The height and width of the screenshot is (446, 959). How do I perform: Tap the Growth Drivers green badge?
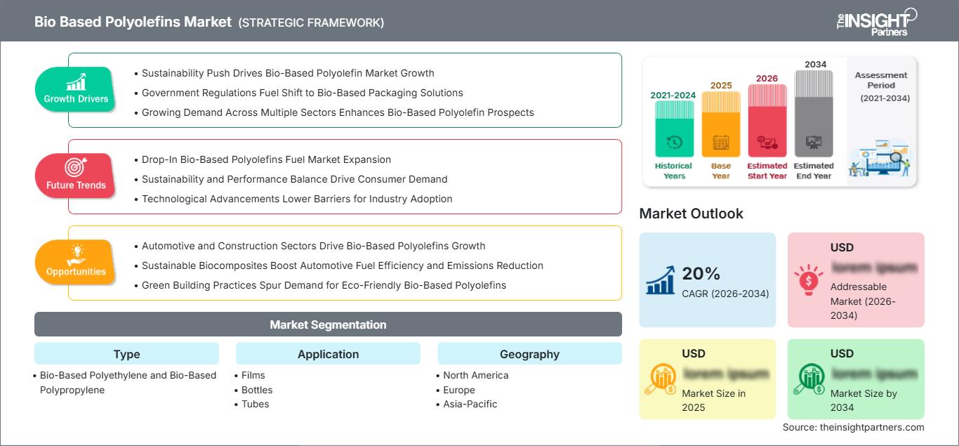[75, 89]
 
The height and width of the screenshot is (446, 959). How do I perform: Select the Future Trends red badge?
[75, 176]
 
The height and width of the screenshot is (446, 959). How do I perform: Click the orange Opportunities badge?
[75, 262]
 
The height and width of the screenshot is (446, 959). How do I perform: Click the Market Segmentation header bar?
[328, 324]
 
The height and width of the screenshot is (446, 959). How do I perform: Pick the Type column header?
[126, 354]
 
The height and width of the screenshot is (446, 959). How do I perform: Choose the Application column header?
[328, 354]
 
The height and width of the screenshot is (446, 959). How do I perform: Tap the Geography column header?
[529, 354]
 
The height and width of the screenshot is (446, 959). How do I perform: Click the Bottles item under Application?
[256, 390]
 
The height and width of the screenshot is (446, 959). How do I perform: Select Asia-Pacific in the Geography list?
[470, 404]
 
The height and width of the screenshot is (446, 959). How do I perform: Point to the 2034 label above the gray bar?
[815, 65]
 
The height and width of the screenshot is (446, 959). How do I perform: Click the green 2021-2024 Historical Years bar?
[674, 129]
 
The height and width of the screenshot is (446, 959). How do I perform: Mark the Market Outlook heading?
[691, 214]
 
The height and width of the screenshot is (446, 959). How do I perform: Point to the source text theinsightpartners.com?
[853, 427]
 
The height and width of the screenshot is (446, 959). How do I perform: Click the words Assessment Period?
[881, 80]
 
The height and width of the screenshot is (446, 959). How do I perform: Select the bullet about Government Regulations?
[302, 93]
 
